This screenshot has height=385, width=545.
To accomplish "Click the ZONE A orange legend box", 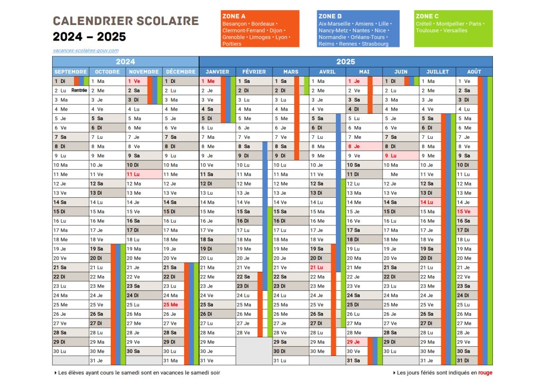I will [x=259, y=29].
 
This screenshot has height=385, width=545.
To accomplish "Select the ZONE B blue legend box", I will [x=358, y=29].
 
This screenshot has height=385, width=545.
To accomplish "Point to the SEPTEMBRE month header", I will [x=70, y=72].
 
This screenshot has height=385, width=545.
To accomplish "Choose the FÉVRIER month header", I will [x=254, y=72].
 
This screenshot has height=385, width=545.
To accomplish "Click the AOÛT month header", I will [x=474, y=72].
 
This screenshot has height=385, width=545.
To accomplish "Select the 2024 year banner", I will [x=126, y=62].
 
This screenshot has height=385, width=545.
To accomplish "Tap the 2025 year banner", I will [x=346, y=62].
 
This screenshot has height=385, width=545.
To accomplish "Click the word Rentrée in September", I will [x=79, y=90].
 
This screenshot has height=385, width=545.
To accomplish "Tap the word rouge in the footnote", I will [x=485, y=373].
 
